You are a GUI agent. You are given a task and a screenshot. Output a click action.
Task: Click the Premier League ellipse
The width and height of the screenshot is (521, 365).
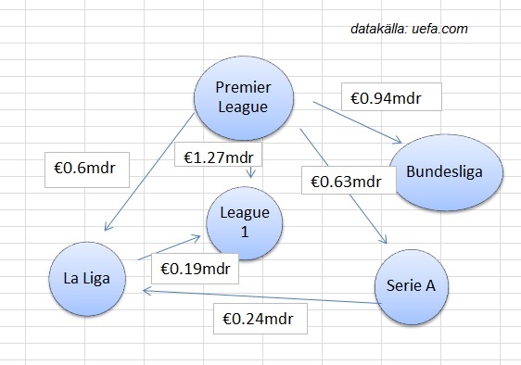click(x=242, y=95)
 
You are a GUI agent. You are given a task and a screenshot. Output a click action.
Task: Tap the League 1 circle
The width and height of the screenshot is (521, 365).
click(x=245, y=222)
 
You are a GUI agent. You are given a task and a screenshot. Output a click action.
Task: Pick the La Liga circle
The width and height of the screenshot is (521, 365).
click(x=87, y=279)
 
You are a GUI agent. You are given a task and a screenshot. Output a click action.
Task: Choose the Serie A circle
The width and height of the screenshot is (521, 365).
click(x=411, y=285)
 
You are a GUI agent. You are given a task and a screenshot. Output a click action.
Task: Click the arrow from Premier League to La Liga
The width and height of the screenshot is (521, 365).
click(x=148, y=176)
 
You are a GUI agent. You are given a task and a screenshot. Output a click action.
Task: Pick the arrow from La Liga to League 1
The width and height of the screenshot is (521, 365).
click(x=172, y=247)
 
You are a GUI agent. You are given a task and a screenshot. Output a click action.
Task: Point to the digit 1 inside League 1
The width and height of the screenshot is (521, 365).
click(x=245, y=232)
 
